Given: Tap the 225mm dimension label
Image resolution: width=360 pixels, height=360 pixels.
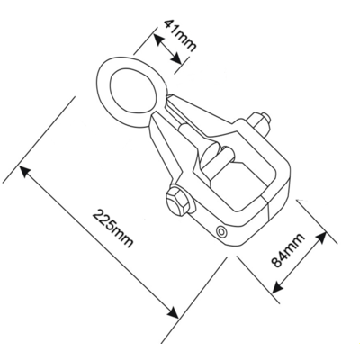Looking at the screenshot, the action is [x=112, y=229].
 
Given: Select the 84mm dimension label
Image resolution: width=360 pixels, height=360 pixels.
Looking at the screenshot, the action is [x=288, y=249].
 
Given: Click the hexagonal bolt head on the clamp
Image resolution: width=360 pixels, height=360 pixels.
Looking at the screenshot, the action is [x=177, y=201].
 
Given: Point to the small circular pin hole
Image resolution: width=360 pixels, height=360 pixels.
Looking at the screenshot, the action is [x=222, y=231].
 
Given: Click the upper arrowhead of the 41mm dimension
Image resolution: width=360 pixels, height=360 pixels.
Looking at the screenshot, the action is [x=158, y=40].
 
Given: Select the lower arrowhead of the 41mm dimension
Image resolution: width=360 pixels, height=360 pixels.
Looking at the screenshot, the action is [x=177, y=58].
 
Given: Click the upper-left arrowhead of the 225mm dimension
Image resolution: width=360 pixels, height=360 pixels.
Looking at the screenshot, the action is [x=25, y=172].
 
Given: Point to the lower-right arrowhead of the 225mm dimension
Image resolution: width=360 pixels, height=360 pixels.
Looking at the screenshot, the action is [x=173, y=312].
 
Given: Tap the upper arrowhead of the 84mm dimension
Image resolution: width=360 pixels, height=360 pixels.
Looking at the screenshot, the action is [x=320, y=237].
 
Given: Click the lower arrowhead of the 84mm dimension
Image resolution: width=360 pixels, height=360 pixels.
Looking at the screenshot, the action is [x=277, y=287].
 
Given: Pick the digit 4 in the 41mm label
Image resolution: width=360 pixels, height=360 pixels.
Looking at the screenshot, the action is [x=170, y=25].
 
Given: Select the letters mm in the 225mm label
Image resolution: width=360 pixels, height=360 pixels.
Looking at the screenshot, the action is [x=121, y=237].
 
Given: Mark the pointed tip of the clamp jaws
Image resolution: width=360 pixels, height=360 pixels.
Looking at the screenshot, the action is [x=169, y=96].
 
